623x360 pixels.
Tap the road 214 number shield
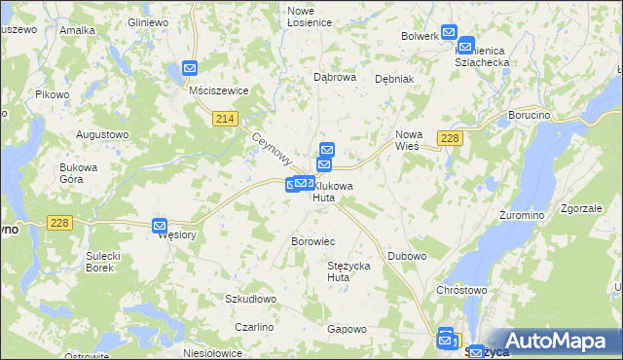[225, 119]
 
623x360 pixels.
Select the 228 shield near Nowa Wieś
[449, 138]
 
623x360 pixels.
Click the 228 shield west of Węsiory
[59, 223]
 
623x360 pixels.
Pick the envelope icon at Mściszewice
[190, 69]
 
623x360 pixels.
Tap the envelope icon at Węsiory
[163, 227]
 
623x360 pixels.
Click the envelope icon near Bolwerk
[449, 33]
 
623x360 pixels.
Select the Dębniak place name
[394, 79]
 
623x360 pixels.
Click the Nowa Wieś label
[407, 140]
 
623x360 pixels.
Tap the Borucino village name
[530, 115]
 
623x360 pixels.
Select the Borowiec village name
[313, 240]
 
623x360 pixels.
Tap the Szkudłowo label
[251, 299]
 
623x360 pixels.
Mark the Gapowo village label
[347, 329]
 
